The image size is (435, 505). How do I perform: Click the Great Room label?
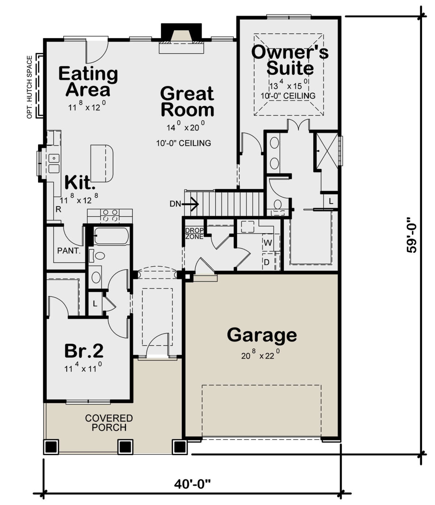(x=187, y=102)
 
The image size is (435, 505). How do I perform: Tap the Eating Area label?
(x=88, y=82)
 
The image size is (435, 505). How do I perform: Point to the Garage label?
(x=262, y=335)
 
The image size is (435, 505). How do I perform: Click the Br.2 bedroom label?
(x=84, y=351)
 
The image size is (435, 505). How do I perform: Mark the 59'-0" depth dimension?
(x=412, y=235)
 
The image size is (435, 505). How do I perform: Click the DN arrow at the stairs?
(x=185, y=204)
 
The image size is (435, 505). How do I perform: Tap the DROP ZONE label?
(x=194, y=234)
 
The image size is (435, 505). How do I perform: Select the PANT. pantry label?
(x=69, y=251)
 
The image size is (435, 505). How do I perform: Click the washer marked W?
(x=268, y=243)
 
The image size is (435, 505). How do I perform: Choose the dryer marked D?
(x=267, y=262)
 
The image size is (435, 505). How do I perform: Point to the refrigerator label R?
(x=58, y=209)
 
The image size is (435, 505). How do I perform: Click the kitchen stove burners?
(x=110, y=216)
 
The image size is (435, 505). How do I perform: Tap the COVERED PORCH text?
(x=109, y=423)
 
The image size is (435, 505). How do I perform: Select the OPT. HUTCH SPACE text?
(x=30, y=87)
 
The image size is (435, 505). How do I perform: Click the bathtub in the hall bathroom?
(x=111, y=236)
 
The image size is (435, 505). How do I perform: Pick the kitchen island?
(x=102, y=163)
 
